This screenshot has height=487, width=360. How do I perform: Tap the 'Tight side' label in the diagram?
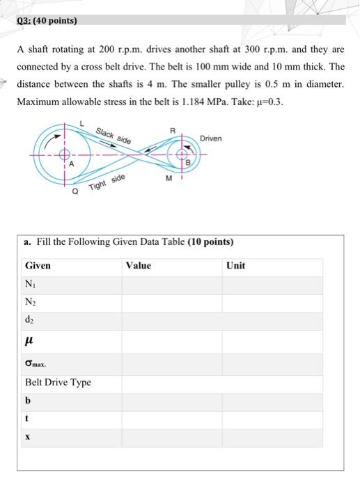point(108,184)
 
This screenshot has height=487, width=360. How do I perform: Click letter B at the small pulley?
point(187,164)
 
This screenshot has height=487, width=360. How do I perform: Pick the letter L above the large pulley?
point(82,123)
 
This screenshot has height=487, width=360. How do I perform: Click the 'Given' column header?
point(38,266)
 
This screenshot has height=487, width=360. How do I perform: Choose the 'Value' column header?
point(139,266)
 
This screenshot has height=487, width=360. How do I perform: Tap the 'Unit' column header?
point(236,266)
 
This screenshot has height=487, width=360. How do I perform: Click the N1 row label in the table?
point(29,285)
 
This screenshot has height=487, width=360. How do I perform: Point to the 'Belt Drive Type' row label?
point(58,382)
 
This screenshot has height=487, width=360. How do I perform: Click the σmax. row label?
point(36,362)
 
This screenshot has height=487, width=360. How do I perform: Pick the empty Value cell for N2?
point(172,302)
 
